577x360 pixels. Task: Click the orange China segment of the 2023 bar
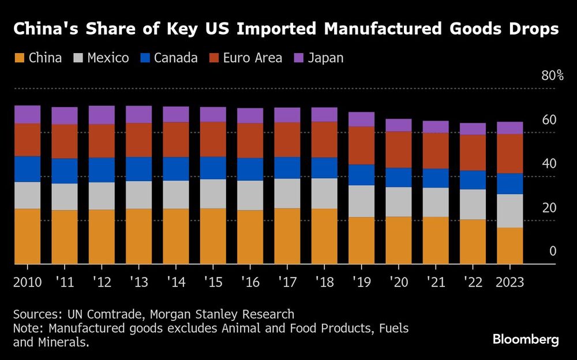tap(510, 246)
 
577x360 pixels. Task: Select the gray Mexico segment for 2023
tap(510, 211)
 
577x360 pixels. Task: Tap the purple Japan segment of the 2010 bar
tap(27, 114)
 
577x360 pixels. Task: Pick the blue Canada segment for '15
tap(213, 168)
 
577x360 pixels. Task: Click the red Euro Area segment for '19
tap(361, 145)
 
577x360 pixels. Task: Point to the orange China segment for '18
tap(324, 236)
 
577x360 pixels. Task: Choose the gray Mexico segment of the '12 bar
tap(102, 196)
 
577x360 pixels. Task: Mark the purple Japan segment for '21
tap(436, 127)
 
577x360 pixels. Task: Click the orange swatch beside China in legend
tap(19, 58)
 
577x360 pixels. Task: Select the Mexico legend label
tap(107, 58)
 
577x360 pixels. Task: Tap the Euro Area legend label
tap(252, 58)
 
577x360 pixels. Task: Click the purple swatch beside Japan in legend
tap(298, 58)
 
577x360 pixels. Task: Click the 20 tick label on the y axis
tap(549, 208)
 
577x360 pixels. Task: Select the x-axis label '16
tap(250, 283)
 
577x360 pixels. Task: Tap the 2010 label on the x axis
tap(27, 283)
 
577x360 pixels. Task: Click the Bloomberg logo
tap(526, 339)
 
